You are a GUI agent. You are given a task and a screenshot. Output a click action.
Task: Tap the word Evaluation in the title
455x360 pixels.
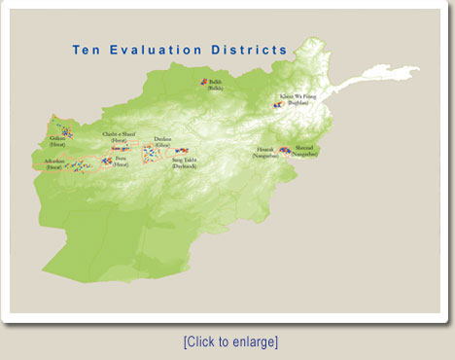(160, 50)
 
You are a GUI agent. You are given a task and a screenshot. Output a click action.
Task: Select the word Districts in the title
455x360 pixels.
(253, 50)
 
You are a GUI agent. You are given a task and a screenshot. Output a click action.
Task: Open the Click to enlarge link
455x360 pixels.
(230, 342)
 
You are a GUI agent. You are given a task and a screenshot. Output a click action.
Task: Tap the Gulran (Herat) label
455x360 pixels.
(57, 141)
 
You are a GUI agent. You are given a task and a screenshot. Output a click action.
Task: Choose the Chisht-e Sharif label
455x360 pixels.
(119, 136)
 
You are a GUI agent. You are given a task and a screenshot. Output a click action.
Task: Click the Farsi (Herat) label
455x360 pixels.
(120, 162)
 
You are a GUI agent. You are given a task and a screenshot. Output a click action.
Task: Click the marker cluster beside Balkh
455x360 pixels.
(203, 83)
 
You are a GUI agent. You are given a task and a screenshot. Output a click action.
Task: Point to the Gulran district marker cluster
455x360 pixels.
(66, 129)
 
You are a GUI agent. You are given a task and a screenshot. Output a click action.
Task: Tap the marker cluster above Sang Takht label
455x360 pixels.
(182, 152)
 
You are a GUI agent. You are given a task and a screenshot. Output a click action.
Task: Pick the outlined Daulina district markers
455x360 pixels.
(150, 152)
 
